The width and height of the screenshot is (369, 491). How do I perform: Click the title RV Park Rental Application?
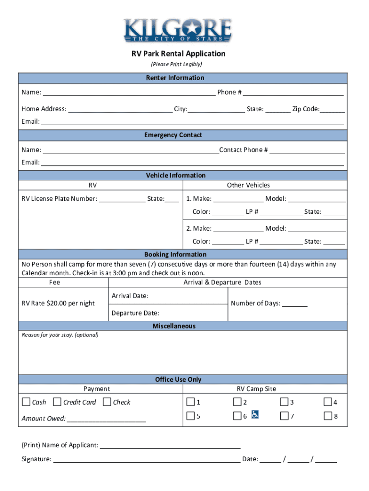tap(178, 54)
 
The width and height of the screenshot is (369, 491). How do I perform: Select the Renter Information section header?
tap(182, 78)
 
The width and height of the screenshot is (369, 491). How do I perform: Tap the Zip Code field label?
tap(306, 109)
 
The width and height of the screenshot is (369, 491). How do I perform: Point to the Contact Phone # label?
tap(243, 150)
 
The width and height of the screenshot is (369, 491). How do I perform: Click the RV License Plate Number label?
tap(59, 199)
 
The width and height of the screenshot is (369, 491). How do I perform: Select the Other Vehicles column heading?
tap(248, 185)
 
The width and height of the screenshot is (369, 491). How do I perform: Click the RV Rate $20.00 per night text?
tap(58, 303)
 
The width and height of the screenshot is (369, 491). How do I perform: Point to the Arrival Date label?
tap(130, 296)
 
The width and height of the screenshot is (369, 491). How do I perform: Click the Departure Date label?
tap(135, 313)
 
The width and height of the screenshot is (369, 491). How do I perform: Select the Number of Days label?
tap(255, 303)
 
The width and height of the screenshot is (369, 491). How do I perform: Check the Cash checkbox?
tap(26, 402)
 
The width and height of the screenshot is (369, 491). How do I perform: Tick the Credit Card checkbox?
tap(57, 402)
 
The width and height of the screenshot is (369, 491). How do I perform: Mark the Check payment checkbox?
tap(107, 402)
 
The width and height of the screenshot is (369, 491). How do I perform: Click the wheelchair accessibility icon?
tap(255, 415)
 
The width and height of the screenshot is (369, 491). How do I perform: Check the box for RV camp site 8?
tap(328, 416)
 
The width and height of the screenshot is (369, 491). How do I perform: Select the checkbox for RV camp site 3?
tap(284, 402)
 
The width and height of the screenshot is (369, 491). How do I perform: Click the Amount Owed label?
tap(44, 419)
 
